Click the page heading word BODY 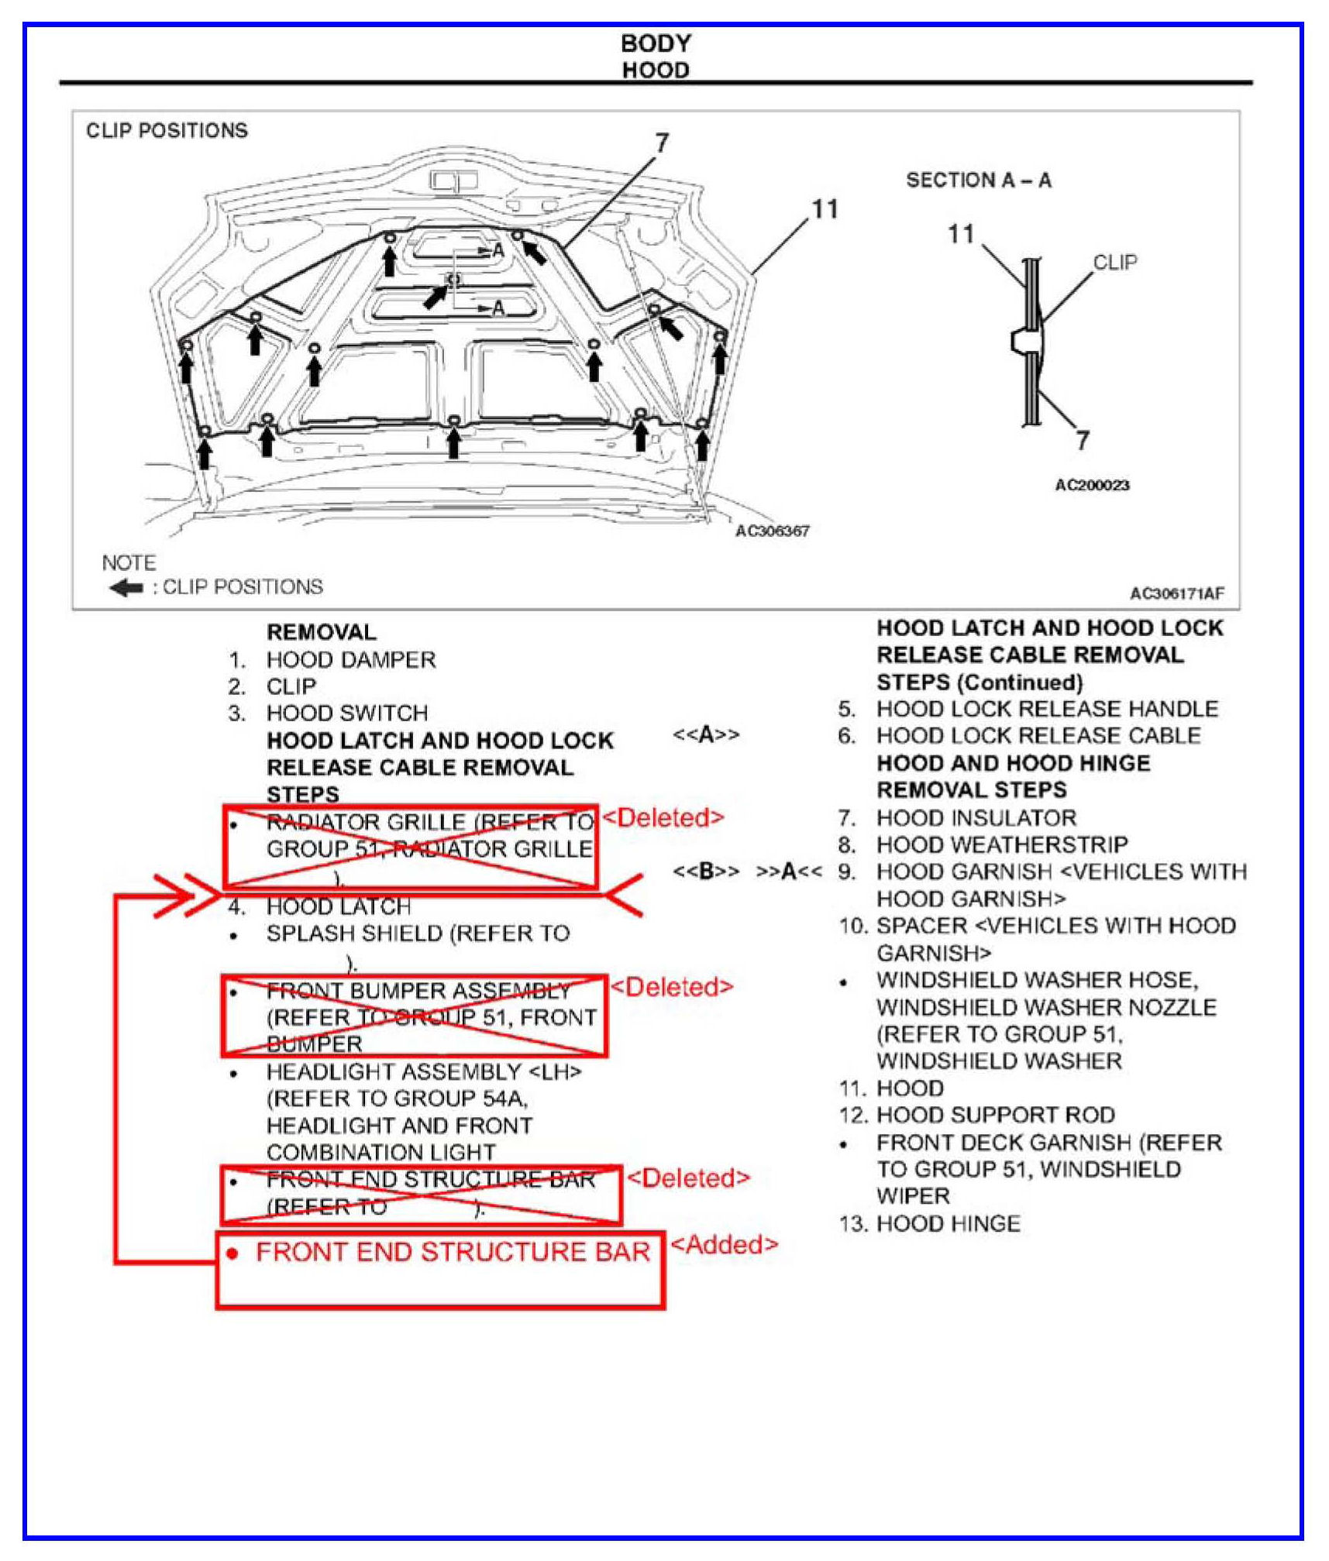point(656,43)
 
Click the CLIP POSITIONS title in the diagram point(167,130)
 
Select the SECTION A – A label point(978,181)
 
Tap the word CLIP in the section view point(1114,263)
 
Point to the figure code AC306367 point(772,531)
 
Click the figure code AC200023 point(1092,485)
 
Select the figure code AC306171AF point(1176,593)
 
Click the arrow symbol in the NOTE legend point(126,588)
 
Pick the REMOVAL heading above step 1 point(321,632)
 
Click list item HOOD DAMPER point(350,660)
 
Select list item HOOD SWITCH point(346,713)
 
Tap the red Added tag point(723,1244)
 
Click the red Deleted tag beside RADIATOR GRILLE point(663,817)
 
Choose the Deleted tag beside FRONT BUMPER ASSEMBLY point(671,987)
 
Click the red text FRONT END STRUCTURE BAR point(453,1253)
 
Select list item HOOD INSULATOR point(976,818)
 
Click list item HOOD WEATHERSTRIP point(1001,844)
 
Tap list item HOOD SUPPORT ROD point(995,1115)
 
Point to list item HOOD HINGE point(948,1224)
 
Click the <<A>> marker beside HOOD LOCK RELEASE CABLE point(706,734)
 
